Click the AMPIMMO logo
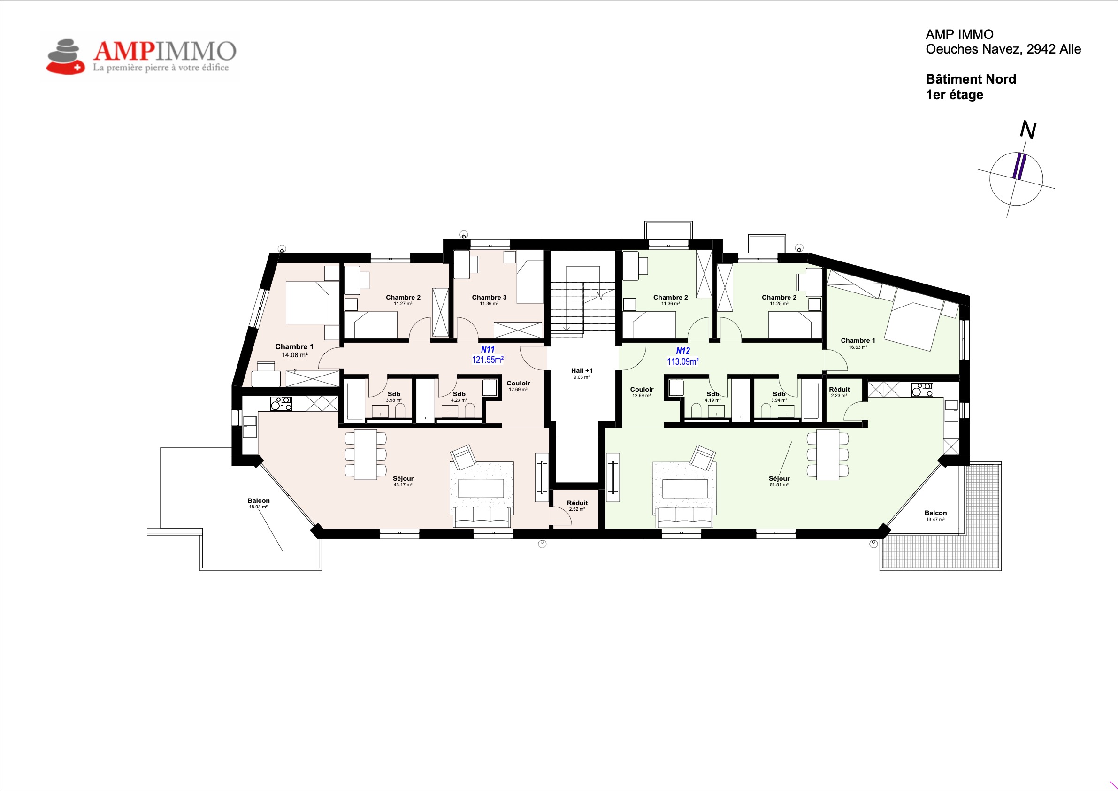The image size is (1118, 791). click(141, 56)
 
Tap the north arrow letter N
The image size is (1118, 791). click(1028, 130)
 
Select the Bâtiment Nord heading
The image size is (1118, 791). click(971, 79)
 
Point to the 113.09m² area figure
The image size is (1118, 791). click(683, 361)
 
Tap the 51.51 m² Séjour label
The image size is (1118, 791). click(779, 481)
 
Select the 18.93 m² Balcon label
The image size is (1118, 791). click(258, 503)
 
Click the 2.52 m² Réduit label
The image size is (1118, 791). click(577, 506)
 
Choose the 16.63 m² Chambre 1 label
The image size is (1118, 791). click(858, 343)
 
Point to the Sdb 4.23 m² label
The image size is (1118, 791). click(459, 397)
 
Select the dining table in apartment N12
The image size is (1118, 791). click(827, 454)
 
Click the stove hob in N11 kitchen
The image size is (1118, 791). click(281, 404)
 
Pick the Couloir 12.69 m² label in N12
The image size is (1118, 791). click(641, 392)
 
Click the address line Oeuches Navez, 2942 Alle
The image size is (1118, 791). click(1003, 49)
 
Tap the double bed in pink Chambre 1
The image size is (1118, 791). click(312, 302)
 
